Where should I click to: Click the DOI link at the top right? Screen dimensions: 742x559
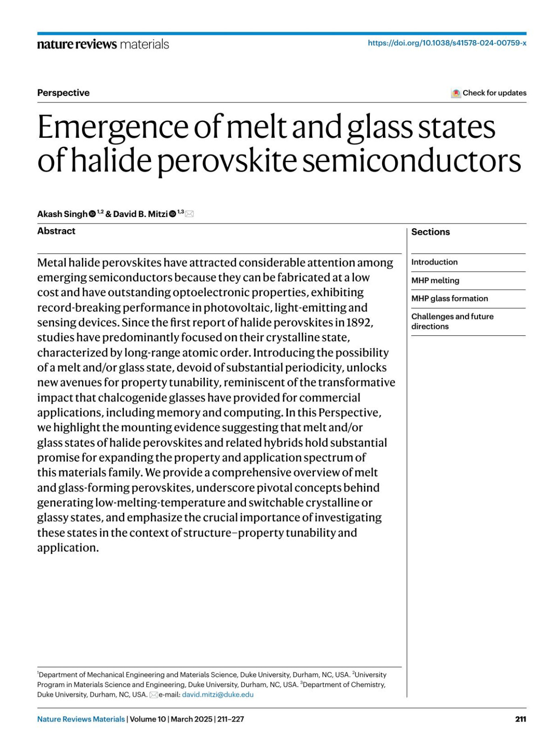click(x=447, y=43)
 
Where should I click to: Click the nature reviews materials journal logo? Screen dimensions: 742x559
click(x=103, y=44)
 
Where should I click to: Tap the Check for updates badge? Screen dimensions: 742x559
click(x=489, y=93)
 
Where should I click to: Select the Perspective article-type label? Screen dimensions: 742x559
click(x=63, y=93)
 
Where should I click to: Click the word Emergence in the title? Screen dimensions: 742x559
click(x=114, y=127)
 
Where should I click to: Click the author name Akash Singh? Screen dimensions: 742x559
click(x=62, y=214)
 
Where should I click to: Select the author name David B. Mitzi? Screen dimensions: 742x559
click(x=140, y=214)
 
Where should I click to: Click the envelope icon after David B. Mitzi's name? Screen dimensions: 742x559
click(x=190, y=214)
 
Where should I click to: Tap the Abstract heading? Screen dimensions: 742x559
click(x=56, y=231)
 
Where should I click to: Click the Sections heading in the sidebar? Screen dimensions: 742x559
click(x=430, y=232)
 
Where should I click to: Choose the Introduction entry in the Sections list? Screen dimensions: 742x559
click(x=434, y=262)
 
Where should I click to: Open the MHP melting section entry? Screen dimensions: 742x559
click(x=435, y=280)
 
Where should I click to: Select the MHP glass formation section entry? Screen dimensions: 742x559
click(x=450, y=299)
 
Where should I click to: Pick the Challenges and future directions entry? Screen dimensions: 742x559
click(x=452, y=321)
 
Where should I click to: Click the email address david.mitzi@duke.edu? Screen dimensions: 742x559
click(x=218, y=694)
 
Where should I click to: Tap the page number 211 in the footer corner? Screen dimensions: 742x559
click(x=520, y=719)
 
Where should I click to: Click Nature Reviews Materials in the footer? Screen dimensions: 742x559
click(x=81, y=719)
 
